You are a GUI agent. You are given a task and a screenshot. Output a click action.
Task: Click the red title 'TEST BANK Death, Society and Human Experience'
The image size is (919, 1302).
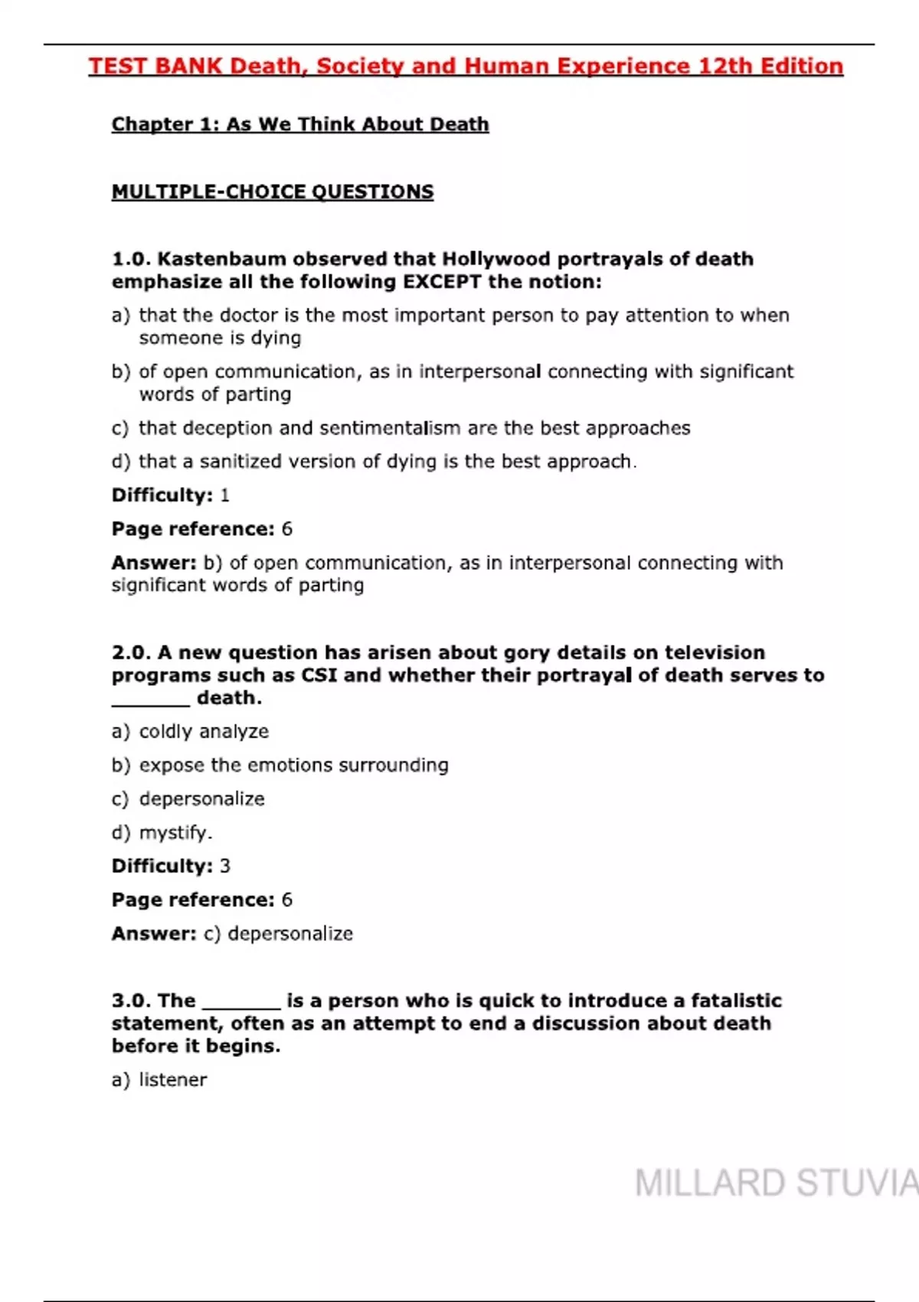pyautogui.click(x=466, y=67)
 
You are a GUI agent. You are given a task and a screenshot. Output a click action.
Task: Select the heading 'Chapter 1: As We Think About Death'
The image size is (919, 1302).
pyautogui.click(x=300, y=124)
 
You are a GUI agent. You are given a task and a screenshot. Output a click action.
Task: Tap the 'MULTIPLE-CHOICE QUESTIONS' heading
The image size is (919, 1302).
pyautogui.click(x=273, y=191)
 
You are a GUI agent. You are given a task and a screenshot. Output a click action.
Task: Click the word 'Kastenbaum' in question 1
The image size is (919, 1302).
pyautogui.click(x=221, y=259)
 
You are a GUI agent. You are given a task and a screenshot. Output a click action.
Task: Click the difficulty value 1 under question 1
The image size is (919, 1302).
pyautogui.click(x=224, y=495)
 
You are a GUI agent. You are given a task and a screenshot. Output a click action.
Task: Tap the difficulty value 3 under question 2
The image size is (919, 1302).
pyautogui.click(x=224, y=865)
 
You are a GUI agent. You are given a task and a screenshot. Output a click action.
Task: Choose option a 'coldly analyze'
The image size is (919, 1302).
pyautogui.click(x=203, y=731)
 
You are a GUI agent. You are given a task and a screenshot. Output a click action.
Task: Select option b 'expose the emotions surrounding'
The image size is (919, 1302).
pyautogui.click(x=293, y=765)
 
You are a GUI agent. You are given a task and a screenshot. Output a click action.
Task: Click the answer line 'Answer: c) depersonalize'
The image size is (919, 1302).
pyautogui.click(x=232, y=934)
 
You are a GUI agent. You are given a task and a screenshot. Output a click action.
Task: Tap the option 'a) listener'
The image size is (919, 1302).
pyautogui.click(x=172, y=1080)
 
